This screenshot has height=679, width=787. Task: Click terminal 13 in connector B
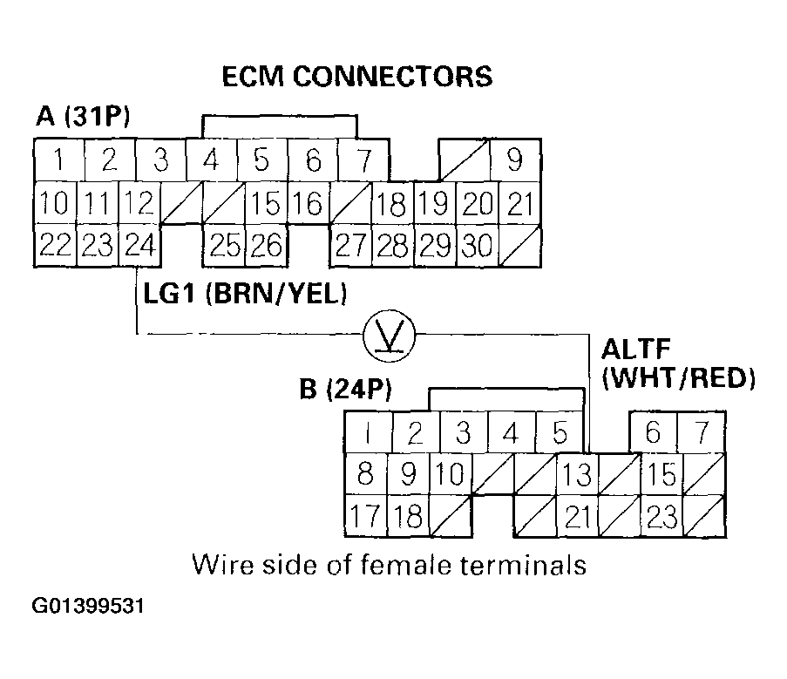coord(577,476)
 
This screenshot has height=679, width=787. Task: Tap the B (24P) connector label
coord(345,389)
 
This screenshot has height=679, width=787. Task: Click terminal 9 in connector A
coord(516,161)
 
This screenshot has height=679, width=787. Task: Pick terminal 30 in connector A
coord(477,245)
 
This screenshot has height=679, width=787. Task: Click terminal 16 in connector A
coord(307,205)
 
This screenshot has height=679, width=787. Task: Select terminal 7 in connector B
coord(702,432)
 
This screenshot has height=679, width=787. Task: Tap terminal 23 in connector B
coord(662,517)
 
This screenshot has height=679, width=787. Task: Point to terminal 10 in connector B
coord(449,476)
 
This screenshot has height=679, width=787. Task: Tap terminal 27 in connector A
coord(350,245)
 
